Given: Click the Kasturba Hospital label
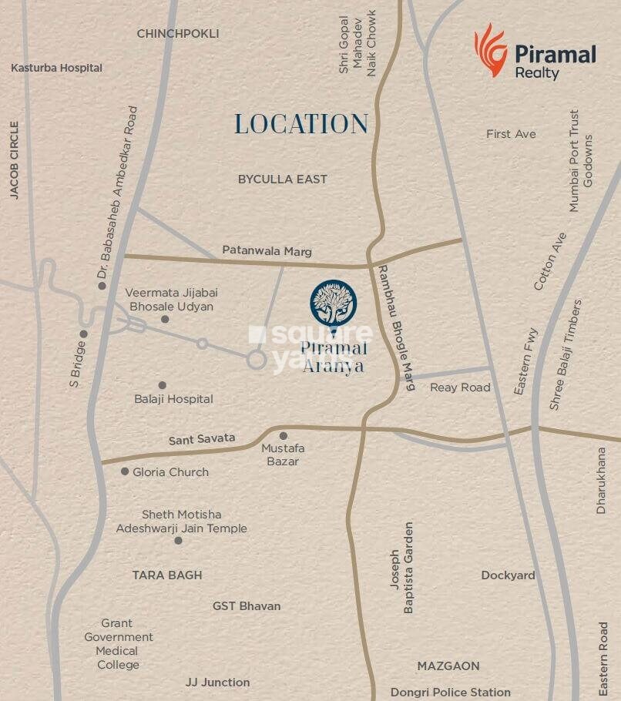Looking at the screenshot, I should (56, 68).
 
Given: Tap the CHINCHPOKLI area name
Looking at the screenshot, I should (178, 34).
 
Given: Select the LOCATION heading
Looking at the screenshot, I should (301, 124).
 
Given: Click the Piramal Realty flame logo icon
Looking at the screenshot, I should (490, 52).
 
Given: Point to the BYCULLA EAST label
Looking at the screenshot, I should (282, 179).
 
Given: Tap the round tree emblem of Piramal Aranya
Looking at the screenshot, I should (333, 303).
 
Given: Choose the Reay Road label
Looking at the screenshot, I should (460, 387).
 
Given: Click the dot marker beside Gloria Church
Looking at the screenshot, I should (125, 471).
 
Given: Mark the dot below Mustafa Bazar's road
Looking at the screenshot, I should (283, 436).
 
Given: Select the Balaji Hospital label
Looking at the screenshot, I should (173, 399).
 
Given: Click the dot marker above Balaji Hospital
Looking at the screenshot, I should (162, 385).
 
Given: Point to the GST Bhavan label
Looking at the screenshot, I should (247, 606).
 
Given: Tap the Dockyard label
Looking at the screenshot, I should (508, 575).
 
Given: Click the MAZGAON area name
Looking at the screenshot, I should (448, 666).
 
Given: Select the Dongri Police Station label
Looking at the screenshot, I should (450, 692).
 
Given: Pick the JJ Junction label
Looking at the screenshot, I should (217, 682).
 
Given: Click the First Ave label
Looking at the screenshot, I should (511, 134).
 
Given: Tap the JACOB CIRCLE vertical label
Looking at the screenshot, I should (14, 160).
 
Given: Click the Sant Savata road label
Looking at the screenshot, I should (202, 438).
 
